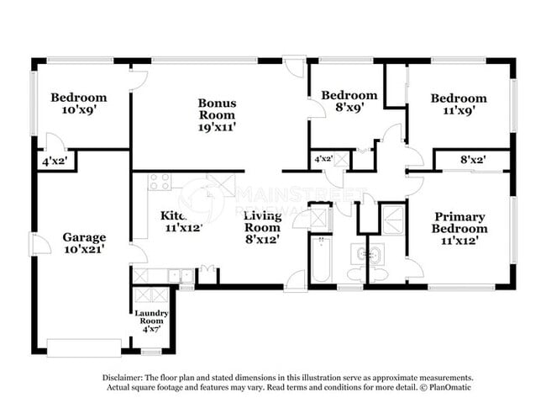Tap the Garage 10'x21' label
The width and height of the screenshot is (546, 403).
tap(84, 244)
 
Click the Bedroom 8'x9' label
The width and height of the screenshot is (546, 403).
tap(349, 101)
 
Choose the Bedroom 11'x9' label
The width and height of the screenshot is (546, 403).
tap(458, 103)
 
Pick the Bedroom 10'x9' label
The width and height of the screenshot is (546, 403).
tap(78, 103)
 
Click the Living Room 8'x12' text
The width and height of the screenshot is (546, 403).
tap(262, 227)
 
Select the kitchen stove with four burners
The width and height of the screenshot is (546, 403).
tap(159, 182)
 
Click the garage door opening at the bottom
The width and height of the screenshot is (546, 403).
tap(84, 347)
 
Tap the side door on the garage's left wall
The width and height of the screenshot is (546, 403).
tap(34, 244)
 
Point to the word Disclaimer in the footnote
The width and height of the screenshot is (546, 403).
tap(125, 378)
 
